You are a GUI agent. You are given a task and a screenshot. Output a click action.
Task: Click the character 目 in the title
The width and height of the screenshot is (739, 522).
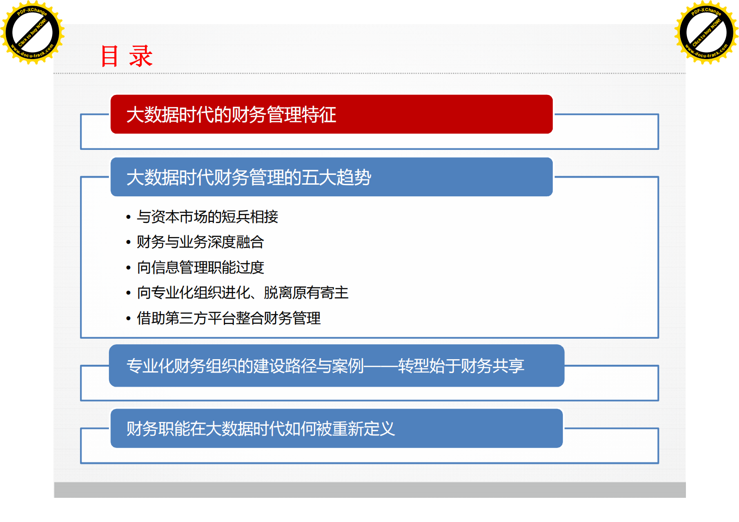pyautogui.click(x=110, y=56)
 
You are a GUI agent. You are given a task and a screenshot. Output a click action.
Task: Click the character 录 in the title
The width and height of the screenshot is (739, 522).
pyautogui.click(x=141, y=56)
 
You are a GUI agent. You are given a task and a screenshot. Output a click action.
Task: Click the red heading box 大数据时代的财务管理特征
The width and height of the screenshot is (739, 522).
pyautogui.click(x=331, y=114)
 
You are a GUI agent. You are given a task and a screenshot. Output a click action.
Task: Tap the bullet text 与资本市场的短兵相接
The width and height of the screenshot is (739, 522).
pyautogui.click(x=207, y=217)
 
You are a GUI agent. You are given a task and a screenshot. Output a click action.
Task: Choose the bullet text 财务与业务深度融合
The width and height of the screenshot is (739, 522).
pyautogui.click(x=200, y=242)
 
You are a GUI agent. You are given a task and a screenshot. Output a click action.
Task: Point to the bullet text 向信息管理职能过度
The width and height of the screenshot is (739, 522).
pyautogui.click(x=200, y=268)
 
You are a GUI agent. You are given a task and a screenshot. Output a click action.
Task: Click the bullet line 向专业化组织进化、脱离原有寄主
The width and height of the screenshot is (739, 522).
pyautogui.click(x=242, y=293)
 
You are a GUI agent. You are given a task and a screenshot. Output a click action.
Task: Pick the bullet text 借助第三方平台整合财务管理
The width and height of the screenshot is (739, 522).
pyautogui.click(x=228, y=318)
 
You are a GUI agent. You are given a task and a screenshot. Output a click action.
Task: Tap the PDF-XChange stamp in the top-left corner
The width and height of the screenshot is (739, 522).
pyautogui.click(x=32, y=33)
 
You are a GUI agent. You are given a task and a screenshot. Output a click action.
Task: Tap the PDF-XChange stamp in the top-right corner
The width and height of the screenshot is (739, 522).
pyautogui.click(x=706, y=33)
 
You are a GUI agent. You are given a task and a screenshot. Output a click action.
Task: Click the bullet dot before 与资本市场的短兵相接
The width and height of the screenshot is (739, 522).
pyautogui.click(x=128, y=217)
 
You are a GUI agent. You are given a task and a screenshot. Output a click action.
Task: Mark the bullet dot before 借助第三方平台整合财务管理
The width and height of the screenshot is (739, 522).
pyautogui.click(x=128, y=319)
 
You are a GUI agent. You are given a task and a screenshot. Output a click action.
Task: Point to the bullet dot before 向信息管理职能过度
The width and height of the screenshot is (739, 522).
pyautogui.click(x=128, y=268)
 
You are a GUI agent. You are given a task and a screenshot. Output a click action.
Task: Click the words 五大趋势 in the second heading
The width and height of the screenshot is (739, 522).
pyautogui.click(x=336, y=177)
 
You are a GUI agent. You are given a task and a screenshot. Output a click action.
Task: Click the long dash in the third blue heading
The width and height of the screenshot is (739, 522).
pyautogui.click(x=381, y=366)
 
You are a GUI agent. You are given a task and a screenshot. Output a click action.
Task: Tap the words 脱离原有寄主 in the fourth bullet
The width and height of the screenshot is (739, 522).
pyautogui.click(x=306, y=293)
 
